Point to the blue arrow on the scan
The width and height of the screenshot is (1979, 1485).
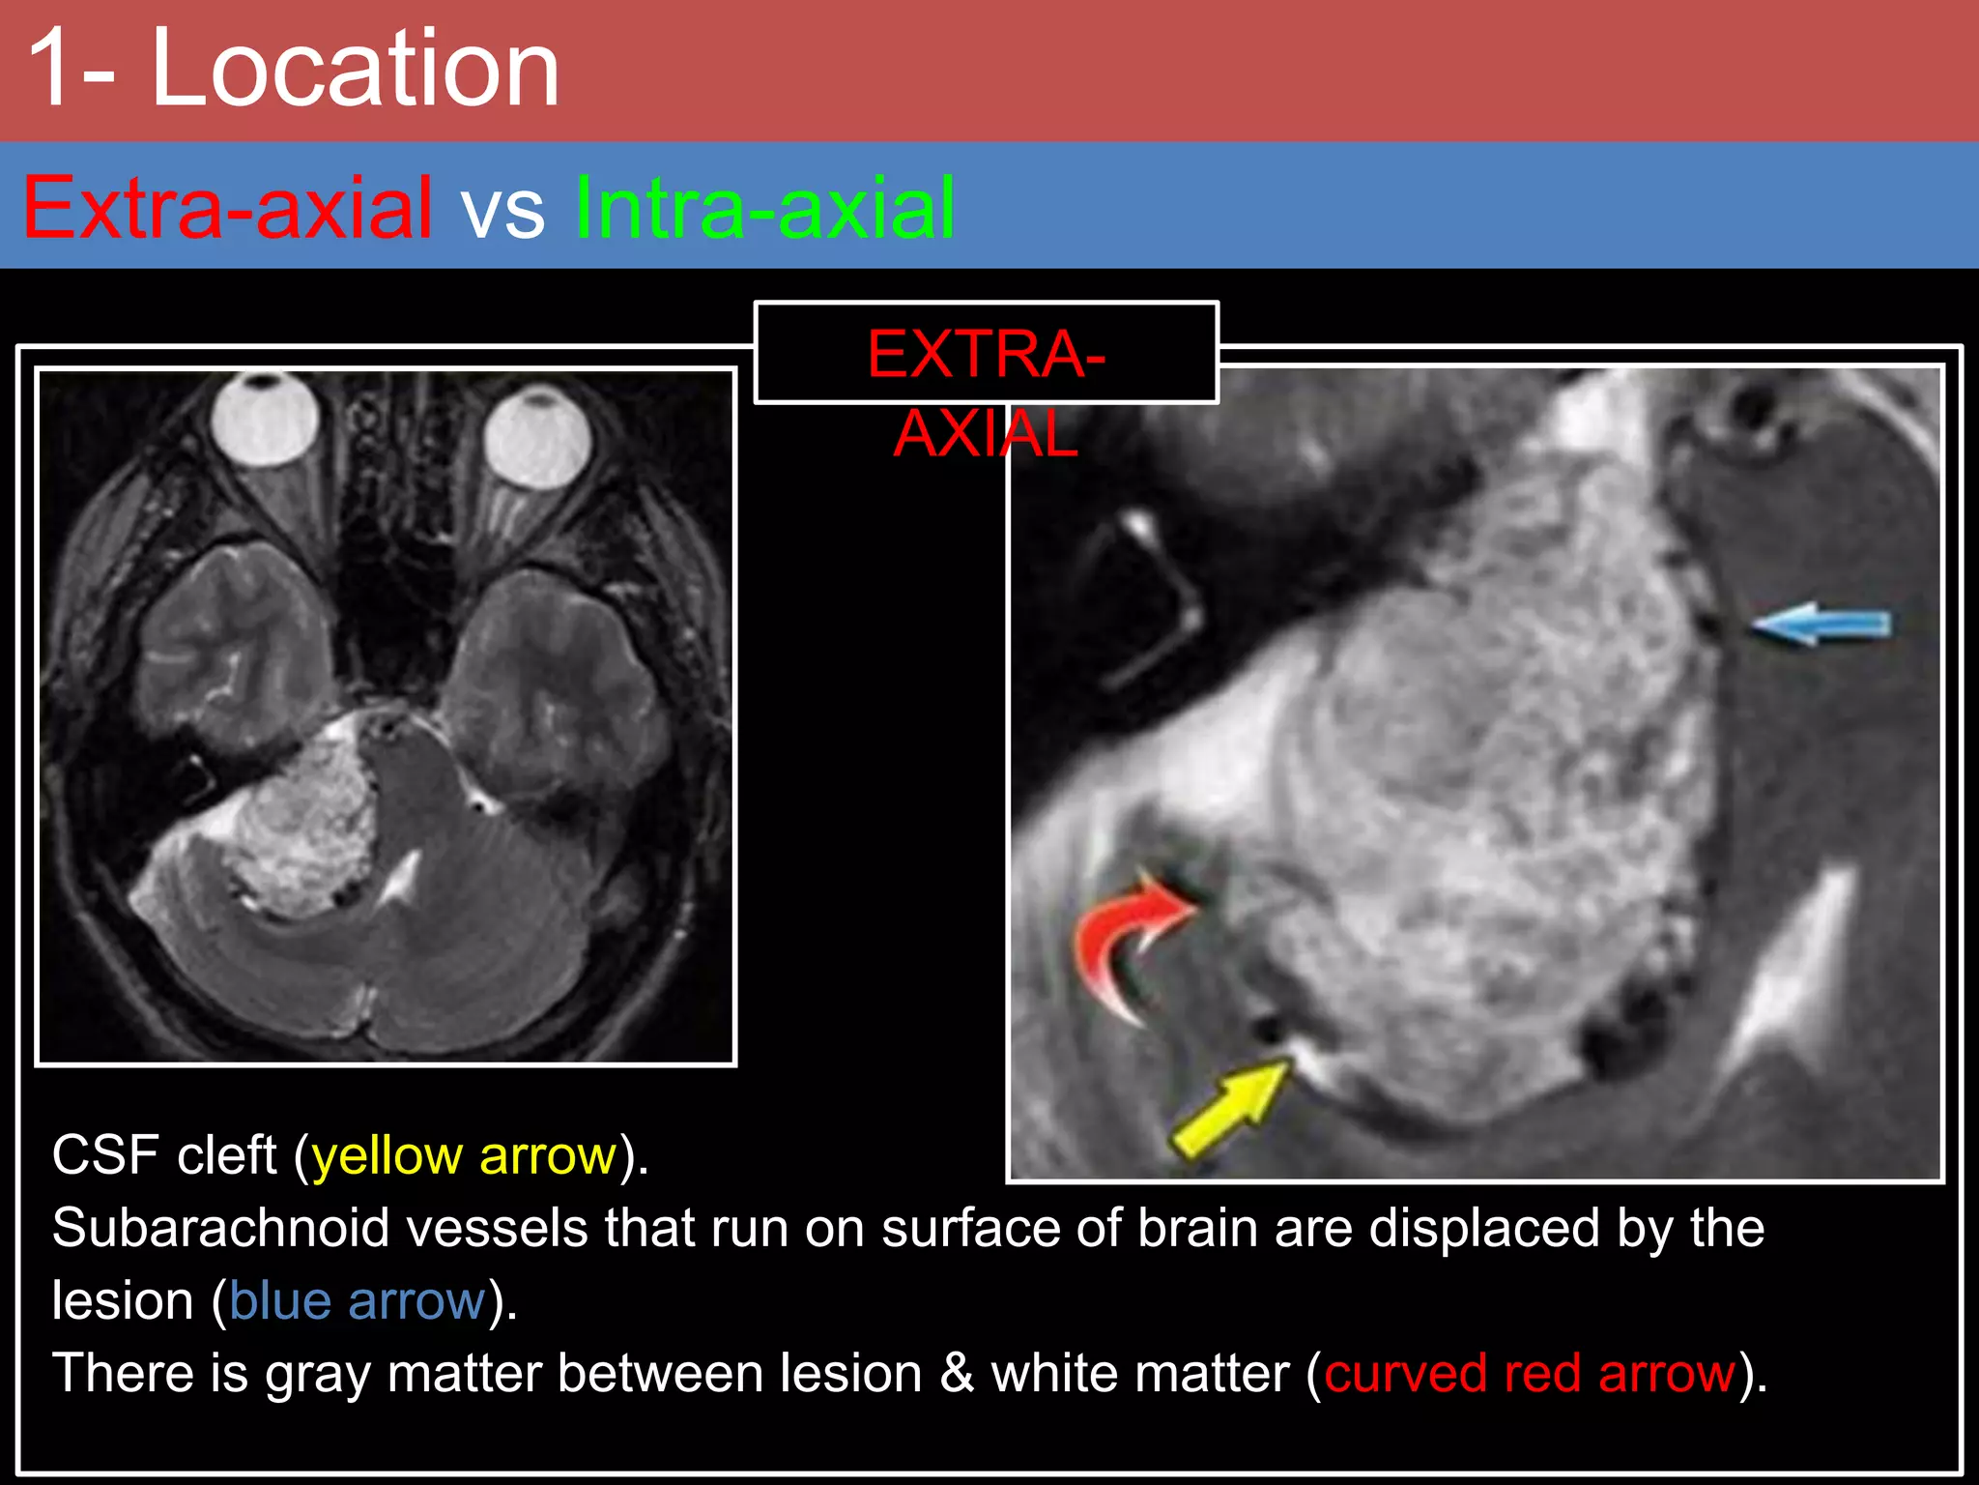click(1821, 624)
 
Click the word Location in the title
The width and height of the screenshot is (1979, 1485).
click(356, 70)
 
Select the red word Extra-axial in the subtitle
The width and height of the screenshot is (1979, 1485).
click(228, 208)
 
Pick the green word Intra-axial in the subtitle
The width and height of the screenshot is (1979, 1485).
click(764, 208)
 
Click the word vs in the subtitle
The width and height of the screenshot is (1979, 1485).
click(502, 211)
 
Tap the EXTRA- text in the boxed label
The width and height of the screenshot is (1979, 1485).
click(986, 354)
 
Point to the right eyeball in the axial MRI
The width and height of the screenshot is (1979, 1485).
click(537, 435)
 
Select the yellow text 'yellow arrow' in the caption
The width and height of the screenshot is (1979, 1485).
click(465, 1155)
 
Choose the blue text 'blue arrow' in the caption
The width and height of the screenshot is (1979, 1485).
click(358, 1300)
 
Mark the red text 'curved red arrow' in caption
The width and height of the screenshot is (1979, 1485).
click(1530, 1373)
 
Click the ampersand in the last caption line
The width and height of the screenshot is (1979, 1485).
click(957, 1373)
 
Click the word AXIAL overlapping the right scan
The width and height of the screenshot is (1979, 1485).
click(986, 435)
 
